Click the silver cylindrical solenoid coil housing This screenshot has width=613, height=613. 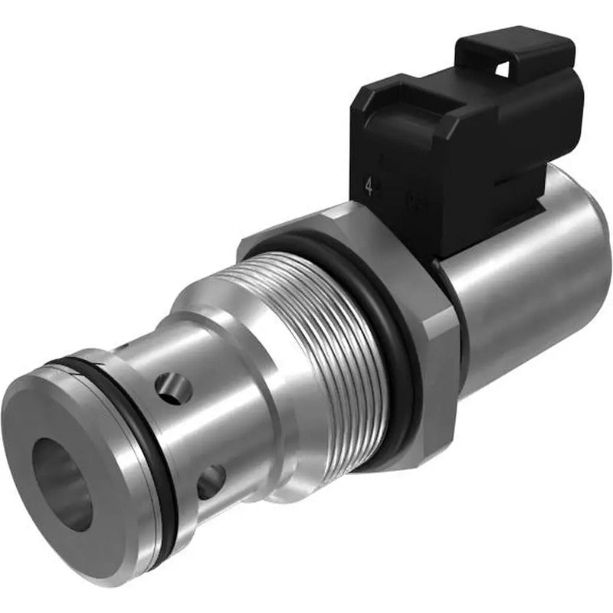click(529, 284)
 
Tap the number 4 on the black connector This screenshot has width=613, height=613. click(369, 187)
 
